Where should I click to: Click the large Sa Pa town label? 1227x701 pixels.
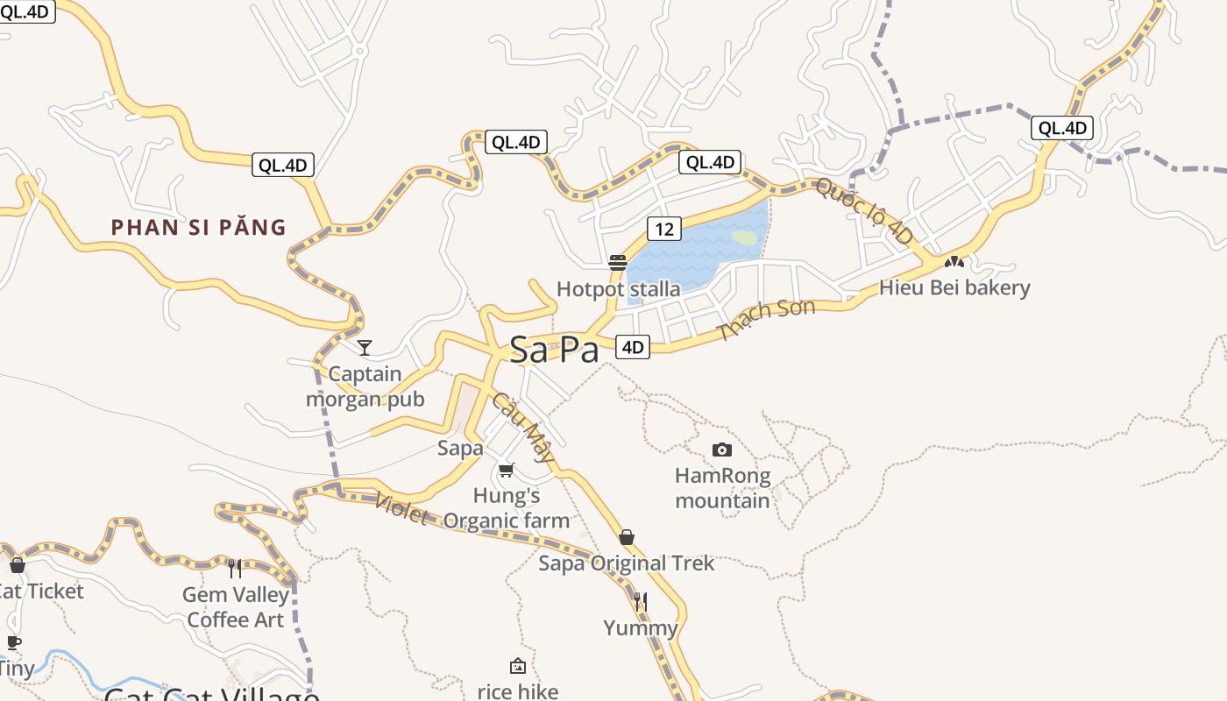(x=554, y=350)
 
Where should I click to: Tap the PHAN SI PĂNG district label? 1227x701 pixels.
(x=199, y=228)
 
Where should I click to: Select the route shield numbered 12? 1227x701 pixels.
(x=664, y=229)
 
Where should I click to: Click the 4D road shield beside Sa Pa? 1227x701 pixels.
(x=632, y=347)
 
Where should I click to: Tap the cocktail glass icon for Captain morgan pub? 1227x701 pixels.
(x=365, y=348)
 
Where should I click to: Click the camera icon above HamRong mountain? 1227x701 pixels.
(x=722, y=450)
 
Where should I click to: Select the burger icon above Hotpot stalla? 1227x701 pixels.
(x=618, y=262)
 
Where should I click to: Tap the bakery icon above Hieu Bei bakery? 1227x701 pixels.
(x=954, y=261)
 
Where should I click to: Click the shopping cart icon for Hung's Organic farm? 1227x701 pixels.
(x=506, y=471)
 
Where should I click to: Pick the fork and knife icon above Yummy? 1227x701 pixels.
(x=641, y=601)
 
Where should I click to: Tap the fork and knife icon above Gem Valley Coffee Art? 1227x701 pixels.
(x=235, y=569)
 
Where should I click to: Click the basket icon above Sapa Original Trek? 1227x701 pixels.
(x=627, y=537)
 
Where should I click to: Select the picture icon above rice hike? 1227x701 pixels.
(x=518, y=666)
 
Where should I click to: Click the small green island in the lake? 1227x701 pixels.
(x=744, y=237)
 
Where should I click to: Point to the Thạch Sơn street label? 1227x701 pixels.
(x=765, y=319)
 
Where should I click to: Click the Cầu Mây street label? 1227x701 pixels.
(x=523, y=427)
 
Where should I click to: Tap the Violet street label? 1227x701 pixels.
(x=401, y=509)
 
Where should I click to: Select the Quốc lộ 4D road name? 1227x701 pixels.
(x=864, y=210)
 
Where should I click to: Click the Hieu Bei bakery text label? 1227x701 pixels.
(x=954, y=287)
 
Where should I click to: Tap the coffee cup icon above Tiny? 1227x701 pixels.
(x=13, y=642)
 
